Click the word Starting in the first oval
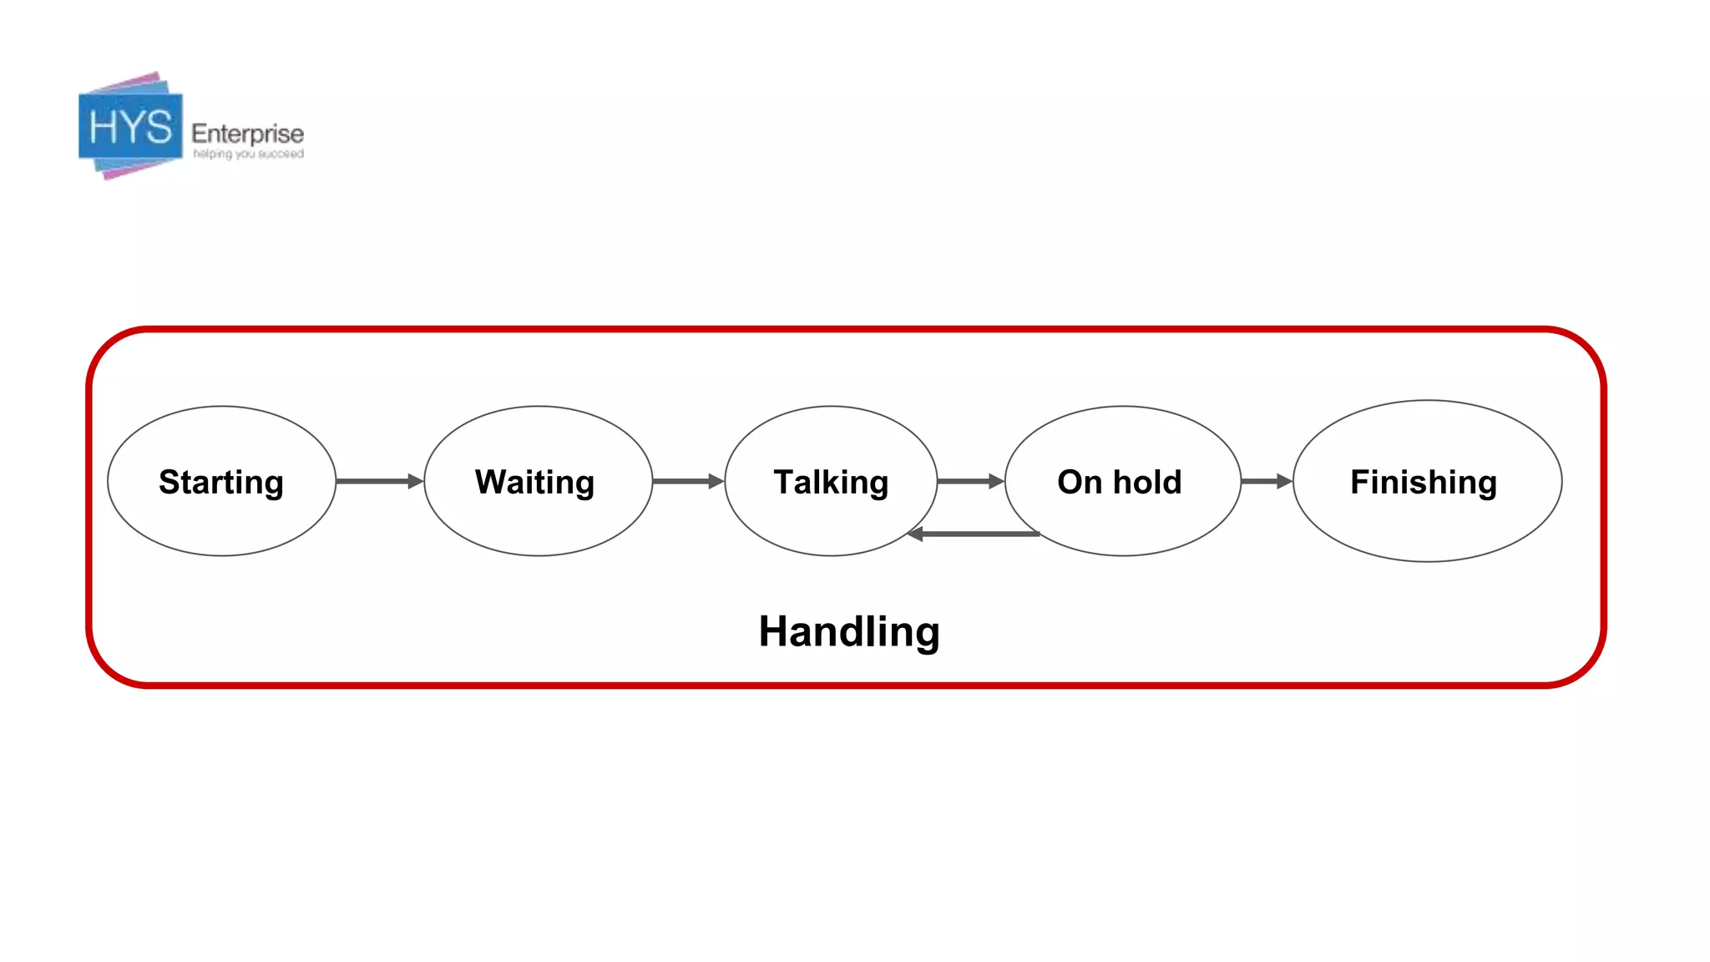tap(221, 482)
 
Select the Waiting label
tap(534, 482)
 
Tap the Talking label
tap(831, 482)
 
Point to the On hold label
tap(1119, 482)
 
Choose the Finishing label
tap(1424, 482)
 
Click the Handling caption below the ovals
tap(849, 631)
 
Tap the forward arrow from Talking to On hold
tap(969, 481)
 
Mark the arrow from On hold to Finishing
tap(1266, 481)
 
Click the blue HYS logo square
tap(130, 127)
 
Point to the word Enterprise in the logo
tap(247, 134)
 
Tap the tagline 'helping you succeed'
tap(248, 154)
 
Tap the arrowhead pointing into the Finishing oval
tap(1284, 481)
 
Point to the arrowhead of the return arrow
tap(915, 534)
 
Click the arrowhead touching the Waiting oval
tap(415, 481)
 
